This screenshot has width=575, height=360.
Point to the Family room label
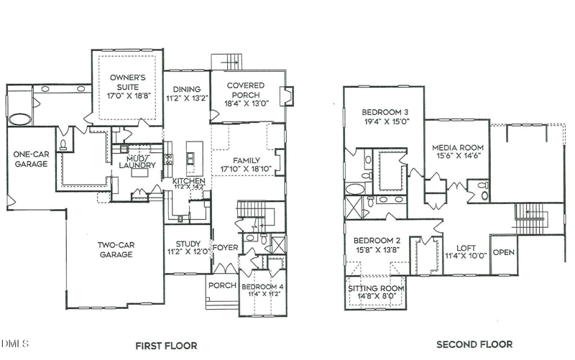(245, 160)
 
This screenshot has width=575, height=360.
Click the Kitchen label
(188, 180)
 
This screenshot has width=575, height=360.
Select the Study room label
(186, 242)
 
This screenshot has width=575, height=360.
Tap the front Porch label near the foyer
(222, 285)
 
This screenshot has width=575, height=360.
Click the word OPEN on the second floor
(504, 252)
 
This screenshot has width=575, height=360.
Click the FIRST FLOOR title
(166, 346)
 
